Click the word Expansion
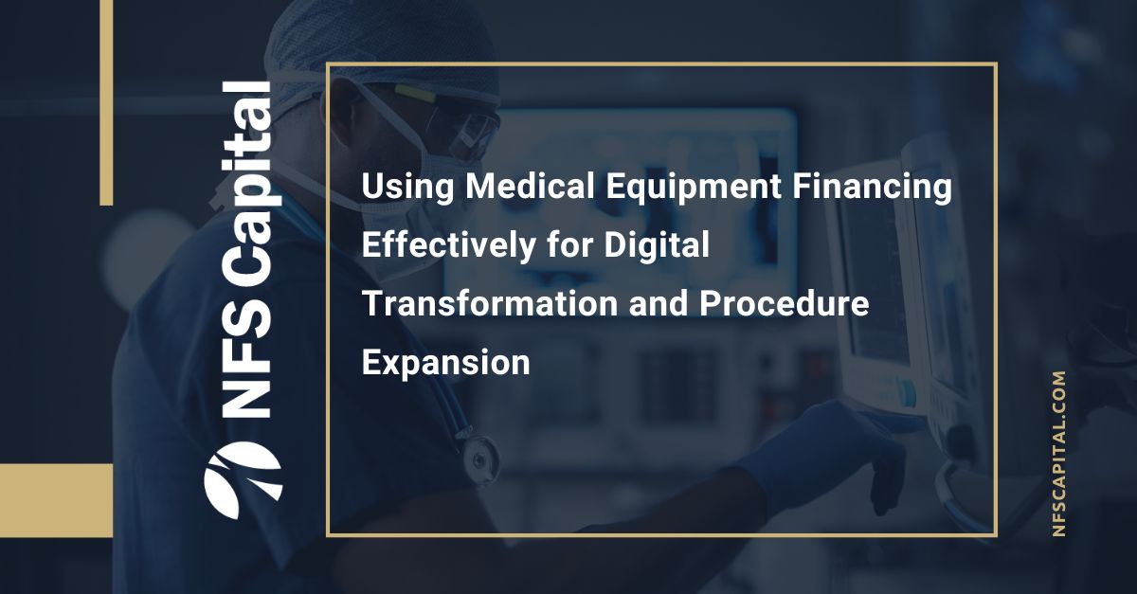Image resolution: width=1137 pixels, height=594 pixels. tap(446, 363)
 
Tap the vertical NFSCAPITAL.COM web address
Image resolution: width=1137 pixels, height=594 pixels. tap(1059, 455)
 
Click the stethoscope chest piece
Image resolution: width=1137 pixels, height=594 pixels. tap(479, 454)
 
